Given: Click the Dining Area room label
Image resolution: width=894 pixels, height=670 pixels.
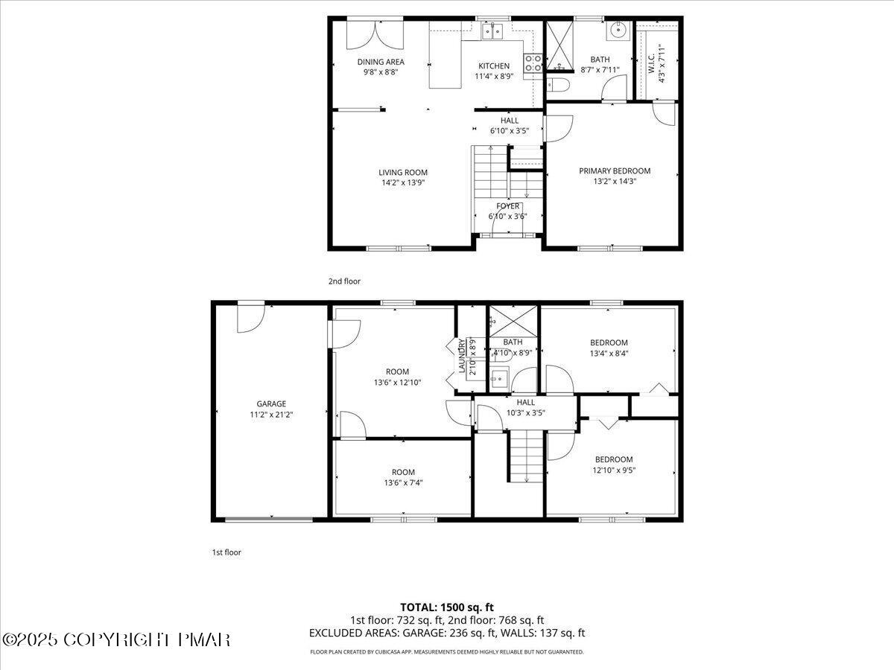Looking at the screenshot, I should [381, 63].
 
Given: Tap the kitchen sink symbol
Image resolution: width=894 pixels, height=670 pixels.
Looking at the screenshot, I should [492, 31].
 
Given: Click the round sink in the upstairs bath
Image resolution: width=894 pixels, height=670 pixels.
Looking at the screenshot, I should [618, 31].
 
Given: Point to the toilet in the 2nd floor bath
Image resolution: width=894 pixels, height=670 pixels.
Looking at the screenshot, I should [558, 85].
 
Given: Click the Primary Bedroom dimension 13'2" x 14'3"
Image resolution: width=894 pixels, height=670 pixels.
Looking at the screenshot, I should [615, 180].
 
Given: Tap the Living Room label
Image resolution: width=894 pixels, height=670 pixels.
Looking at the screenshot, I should [402, 173].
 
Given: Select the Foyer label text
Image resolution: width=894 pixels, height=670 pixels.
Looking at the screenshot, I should [508, 206].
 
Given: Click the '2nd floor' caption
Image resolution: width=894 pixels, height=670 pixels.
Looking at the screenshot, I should [344, 281].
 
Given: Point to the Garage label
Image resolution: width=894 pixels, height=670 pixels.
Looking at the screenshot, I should [271, 404].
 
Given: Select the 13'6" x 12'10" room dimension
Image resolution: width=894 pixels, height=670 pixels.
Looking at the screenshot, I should [396, 383].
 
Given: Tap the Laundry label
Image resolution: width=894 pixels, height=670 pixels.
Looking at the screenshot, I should [462, 356].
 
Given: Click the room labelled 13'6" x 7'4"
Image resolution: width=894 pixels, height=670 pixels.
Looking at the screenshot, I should [403, 477].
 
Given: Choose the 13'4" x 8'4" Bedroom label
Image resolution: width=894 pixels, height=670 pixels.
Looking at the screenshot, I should [609, 343].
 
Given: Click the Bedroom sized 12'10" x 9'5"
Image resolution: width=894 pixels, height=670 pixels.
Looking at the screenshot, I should [613, 465].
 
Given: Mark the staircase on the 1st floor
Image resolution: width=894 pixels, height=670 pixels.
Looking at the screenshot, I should [527, 456].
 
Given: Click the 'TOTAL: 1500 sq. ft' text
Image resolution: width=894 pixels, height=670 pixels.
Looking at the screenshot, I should [447, 607].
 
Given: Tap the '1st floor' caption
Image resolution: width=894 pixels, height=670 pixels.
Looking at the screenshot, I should [226, 552].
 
